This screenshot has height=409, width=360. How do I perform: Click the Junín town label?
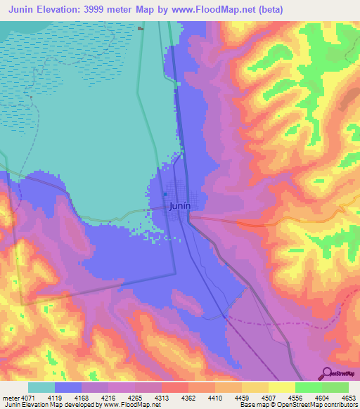[181, 207]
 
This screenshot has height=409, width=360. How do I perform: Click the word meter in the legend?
[11, 397]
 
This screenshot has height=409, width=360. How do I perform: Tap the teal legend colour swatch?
[41, 387]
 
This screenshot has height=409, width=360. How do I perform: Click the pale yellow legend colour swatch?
[281, 387]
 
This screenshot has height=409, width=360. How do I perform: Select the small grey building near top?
[141, 29]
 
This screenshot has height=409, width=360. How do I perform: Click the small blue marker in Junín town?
[165, 195]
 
